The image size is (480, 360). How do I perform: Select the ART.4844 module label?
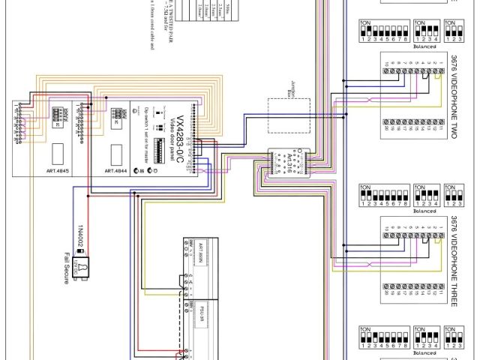click(114, 172)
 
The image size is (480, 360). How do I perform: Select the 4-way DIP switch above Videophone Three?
click(424, 198)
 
